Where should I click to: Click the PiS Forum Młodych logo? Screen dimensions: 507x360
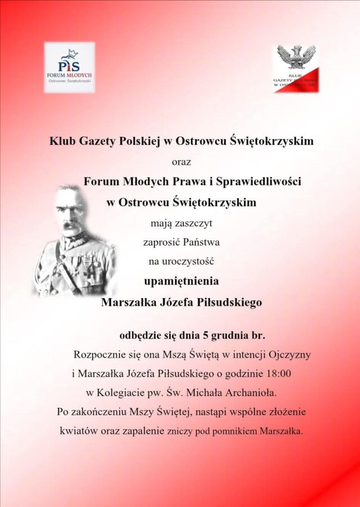coord(69,67)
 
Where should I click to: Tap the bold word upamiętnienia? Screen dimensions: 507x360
coord(180,281)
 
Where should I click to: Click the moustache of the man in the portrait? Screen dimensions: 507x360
coord(72,225)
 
